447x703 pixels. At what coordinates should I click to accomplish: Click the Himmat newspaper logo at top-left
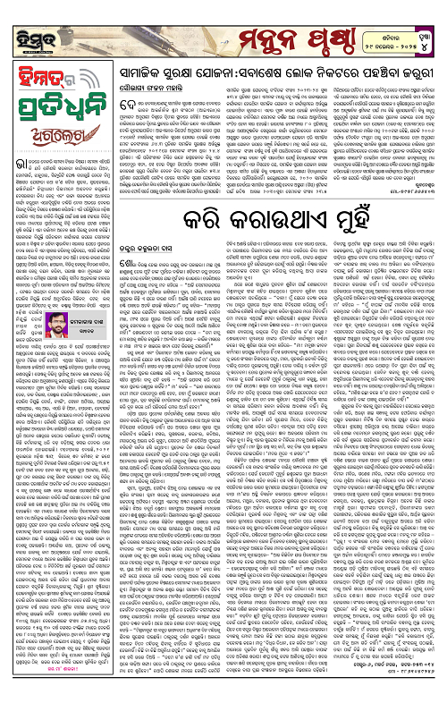pyautogui.click(x=32, y=27)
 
